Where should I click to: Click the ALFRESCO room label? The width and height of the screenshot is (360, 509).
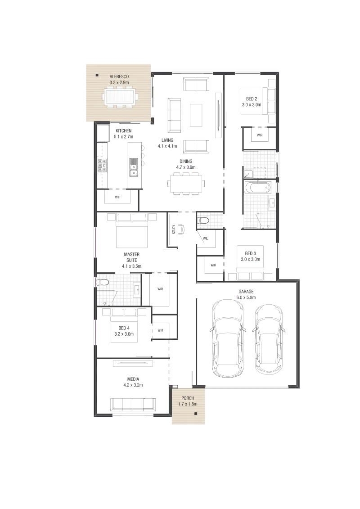tap(119, 77)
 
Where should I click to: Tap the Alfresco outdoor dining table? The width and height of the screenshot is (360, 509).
tap(119, 97)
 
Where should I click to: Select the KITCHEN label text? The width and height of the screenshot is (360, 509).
tap(123, 131)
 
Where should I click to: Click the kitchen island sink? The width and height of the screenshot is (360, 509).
tap(133, 167)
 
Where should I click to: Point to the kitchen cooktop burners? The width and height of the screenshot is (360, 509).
tap(102, 165)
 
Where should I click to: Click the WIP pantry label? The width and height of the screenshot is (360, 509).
tap(117, 197)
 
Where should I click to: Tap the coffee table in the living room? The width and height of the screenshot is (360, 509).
tap(196, 115)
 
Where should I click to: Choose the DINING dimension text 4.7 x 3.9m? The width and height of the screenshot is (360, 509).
tap(186, 167)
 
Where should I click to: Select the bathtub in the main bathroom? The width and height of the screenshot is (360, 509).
tap(257, 188)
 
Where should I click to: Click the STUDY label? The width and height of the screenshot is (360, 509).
tap(174, 229)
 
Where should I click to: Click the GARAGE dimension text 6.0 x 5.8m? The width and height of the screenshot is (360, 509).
tap(246, 297)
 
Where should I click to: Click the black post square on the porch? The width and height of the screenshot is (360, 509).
tap(196, 413)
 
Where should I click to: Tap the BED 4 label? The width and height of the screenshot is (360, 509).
tap(124, 328)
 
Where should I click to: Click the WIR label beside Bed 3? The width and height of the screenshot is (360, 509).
tap(213, 265)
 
